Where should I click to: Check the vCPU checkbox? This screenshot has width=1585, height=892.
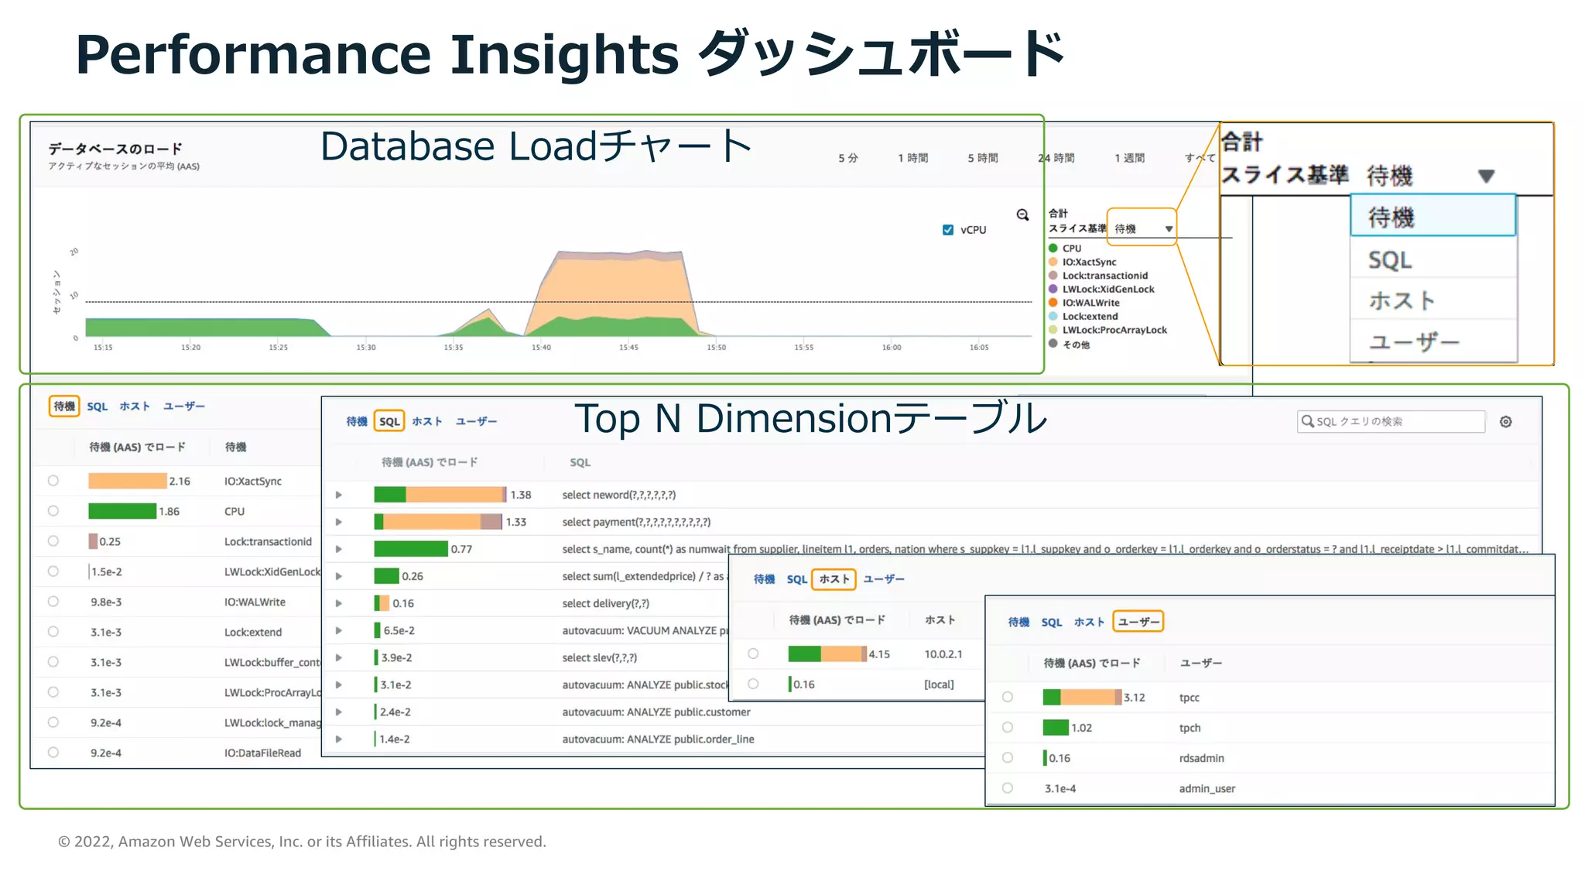tap(948, 230)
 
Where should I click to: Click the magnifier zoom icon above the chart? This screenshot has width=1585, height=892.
tap(1022, 215)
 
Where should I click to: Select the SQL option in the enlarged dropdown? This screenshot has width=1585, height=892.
tap(1390, 260)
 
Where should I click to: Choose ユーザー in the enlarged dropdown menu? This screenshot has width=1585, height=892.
tap(1413, 341)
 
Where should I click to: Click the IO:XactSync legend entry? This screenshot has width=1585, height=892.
tap(1088, 262)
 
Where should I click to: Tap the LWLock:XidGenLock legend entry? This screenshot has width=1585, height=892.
tap(1107, 290)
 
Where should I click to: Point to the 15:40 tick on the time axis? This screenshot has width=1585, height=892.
tap(541, 347)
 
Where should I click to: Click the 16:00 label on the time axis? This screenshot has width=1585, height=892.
tap(892, 347)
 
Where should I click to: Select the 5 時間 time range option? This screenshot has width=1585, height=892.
tap(983, 158)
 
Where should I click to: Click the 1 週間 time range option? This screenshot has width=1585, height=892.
tap(1129, 158)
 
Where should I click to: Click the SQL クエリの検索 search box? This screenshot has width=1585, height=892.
tap(1392, 421)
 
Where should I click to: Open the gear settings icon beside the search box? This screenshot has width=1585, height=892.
tap(1505, 422)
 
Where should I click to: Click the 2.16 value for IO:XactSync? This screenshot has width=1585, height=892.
tap(180, 482)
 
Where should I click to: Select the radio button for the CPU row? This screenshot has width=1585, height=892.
tap(53, 511)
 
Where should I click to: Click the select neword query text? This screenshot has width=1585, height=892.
tap(618, 495)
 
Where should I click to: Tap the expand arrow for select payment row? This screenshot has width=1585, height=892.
tap(339, 522)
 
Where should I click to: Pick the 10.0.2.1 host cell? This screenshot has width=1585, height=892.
tap(943, 654)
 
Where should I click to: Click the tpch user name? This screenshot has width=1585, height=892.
tap(1190, 728)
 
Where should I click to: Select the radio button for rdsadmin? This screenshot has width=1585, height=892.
tap(1008, 758)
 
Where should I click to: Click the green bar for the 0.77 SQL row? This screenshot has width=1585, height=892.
tap(411, 549)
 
